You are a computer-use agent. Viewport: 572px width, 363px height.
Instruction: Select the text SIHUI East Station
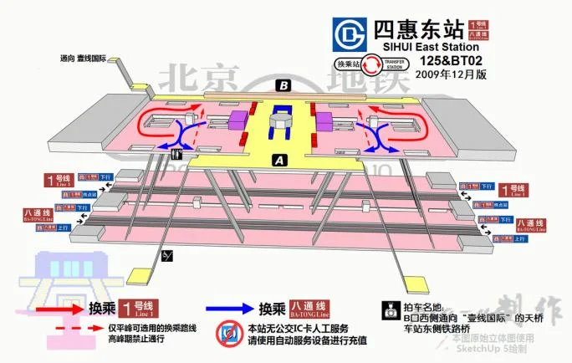(422, 48)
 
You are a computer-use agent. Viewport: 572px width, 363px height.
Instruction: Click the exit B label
(284, 85)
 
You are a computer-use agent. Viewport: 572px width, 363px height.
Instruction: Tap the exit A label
(280, 160)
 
